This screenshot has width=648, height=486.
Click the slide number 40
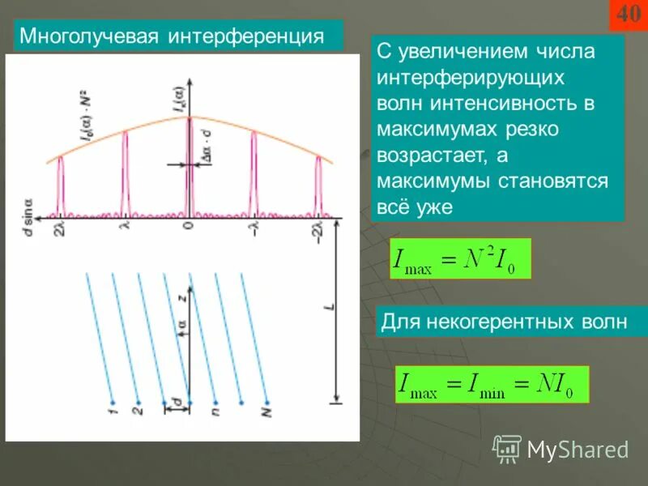coord(629,15)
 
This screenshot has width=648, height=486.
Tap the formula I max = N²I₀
coord(459,259)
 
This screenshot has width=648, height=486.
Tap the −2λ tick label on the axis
coord(318,232)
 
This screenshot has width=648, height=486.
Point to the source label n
coord(215,413)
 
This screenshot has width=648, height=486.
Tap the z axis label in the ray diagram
coord(183,297)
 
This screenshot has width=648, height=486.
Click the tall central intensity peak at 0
coord(188,162)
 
